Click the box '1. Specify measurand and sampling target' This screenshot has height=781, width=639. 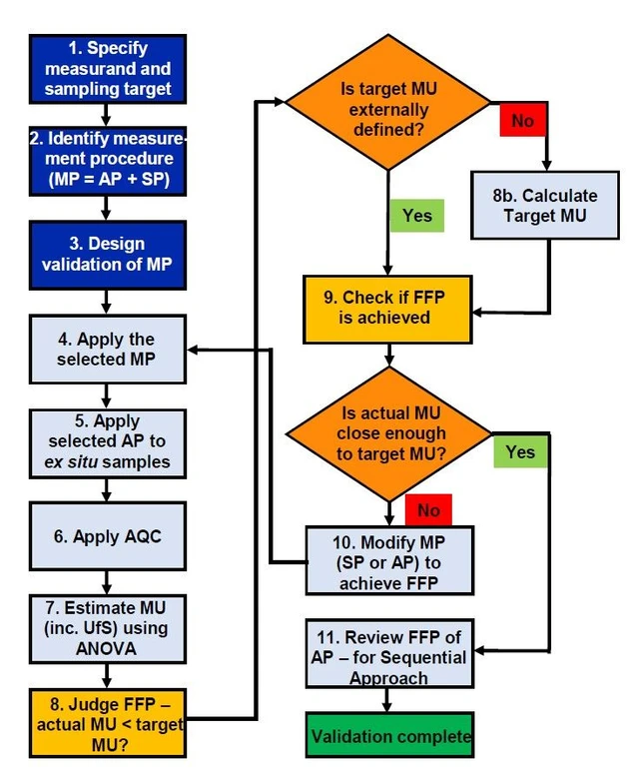pyautogui.click(x=108, y=69)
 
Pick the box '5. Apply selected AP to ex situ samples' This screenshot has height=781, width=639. pyautogui.click(x=108, y=440)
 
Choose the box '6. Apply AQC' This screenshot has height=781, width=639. pyautogui.click(x=108, y=535)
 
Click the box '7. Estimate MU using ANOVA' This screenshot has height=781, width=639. pyautogui.click(x=108, y=628)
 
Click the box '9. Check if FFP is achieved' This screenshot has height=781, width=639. pyautogui.click(x=386, y=308)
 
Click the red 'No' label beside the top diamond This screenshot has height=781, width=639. pyautogui.click(x=522, y=121)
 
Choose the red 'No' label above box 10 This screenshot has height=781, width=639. pyautogui.click(x=428, y=510)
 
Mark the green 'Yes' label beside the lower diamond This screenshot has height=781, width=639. pyautogui.click(x=520, y=451)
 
